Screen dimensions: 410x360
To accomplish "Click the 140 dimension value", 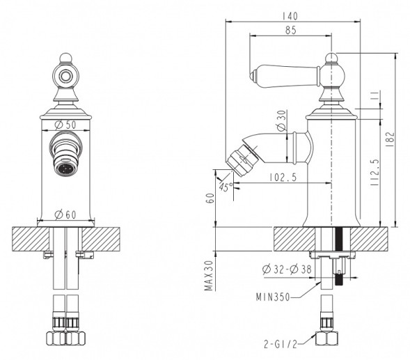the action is coord(290,16).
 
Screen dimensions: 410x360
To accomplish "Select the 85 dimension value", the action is coord(290,30).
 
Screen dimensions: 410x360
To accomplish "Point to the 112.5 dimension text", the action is coord(374,173).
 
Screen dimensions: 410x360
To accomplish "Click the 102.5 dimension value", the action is coord(283,178).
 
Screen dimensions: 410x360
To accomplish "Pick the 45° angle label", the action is coord(226,187).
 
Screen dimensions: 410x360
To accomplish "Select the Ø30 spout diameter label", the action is coord(282,120).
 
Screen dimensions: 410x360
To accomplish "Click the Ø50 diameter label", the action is coord(65,125).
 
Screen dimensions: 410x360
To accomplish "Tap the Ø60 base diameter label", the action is coord(65,214).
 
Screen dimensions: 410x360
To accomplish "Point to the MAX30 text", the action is coord(209,275).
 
